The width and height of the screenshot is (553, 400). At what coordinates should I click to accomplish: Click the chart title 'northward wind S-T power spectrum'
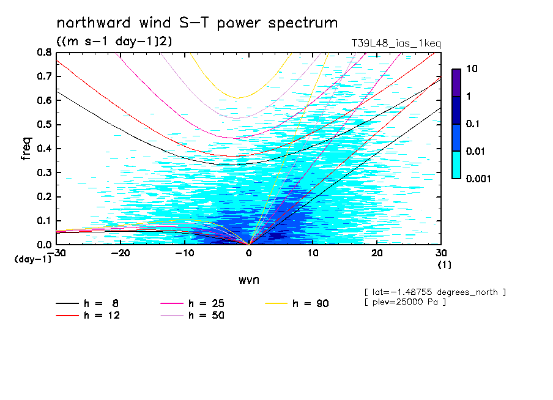(196, 23)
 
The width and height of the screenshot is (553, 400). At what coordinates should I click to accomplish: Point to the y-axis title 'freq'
(26, 149)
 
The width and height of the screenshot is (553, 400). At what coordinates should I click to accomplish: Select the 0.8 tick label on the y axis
(43, 53)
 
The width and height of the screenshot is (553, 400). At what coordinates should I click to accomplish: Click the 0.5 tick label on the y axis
(43, 125)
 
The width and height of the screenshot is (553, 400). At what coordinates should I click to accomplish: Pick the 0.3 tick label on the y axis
(43, 172)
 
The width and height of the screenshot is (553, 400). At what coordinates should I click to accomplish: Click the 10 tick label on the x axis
(313, 253)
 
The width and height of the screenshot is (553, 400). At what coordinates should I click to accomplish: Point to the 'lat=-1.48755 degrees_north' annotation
(434, 292)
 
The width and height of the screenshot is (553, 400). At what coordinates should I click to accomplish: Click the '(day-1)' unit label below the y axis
(33, 259)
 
